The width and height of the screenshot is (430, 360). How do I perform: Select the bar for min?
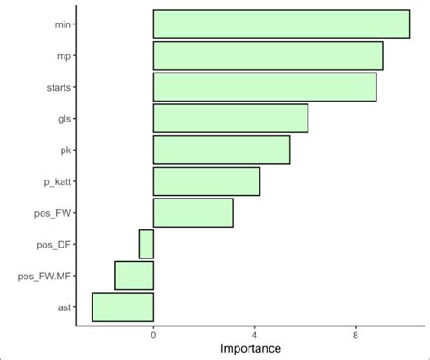pos(281,24)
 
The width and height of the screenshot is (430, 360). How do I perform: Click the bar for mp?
pos(268,55)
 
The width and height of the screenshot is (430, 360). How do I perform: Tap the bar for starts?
pos(264,87)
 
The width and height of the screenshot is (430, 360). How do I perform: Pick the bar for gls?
pos(230,119)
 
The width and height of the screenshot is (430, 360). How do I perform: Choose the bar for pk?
pos(221,150)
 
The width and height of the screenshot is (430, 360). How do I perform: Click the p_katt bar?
pos(206,181)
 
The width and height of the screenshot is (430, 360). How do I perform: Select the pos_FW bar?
pos(193,212)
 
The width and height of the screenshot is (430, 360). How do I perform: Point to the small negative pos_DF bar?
pos(146,244)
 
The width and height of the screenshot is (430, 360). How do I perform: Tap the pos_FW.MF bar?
pos(134,276)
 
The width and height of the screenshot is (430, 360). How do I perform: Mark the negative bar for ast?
pos(122,307)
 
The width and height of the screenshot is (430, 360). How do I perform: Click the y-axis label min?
pos(63,24)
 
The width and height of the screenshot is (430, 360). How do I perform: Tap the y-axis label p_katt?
pos(57,181)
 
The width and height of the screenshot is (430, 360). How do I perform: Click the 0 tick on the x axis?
pos(153,335)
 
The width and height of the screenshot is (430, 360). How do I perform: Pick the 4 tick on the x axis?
pos(254,335)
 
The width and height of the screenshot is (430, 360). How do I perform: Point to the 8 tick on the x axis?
pos(355,335)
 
